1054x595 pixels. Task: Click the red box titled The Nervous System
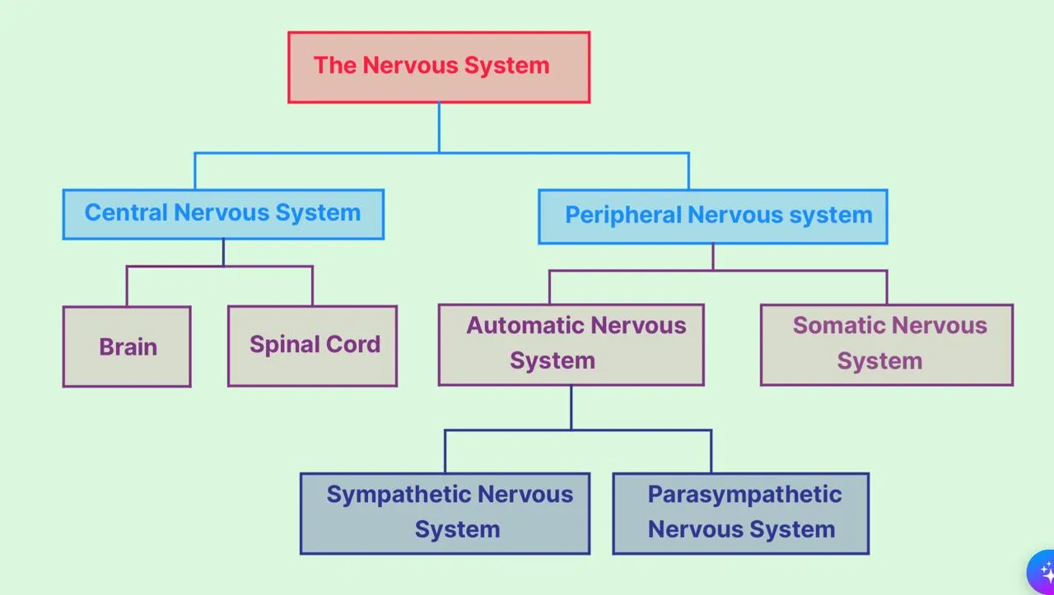[x=439, y=67]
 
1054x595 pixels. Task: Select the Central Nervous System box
[x=223, y=214]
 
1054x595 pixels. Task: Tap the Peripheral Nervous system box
[x=713, y=216]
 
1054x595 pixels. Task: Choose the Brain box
[x=127, y=346]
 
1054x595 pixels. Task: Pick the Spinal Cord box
[x=312, y=346]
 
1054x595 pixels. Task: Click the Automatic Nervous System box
[x=571, y=344]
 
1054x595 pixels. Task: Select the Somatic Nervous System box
[x=886, y=344]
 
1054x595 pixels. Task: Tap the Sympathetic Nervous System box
[x=445, y=513]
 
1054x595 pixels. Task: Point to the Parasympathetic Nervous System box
[x=740, y=513]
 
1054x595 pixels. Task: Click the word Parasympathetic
[x=744, y=495]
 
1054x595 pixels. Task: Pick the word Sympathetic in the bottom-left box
[x=399, y=495]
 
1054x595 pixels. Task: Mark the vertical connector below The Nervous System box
[x=439, y=128]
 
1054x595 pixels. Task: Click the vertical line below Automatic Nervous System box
[x=571, y=407]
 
